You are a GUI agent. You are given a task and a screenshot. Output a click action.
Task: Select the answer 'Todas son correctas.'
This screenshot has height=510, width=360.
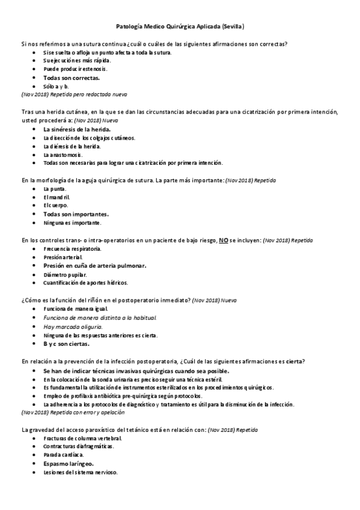[72, 78]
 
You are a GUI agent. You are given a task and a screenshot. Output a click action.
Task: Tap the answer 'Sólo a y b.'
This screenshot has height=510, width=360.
[56, 86]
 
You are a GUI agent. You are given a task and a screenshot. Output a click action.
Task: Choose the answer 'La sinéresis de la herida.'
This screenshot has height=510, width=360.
[77, 129]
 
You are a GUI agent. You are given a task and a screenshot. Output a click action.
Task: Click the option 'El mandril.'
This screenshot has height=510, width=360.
[57, 197]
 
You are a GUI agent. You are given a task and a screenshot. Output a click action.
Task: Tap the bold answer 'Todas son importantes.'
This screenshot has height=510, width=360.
[76, 214]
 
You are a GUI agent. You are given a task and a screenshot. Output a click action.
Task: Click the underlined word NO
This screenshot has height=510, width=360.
[223, 239]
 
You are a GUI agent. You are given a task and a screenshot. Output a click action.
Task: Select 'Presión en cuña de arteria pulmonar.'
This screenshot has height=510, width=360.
[95, 265]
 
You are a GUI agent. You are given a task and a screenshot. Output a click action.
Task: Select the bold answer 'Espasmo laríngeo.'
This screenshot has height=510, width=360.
[68, 464]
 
